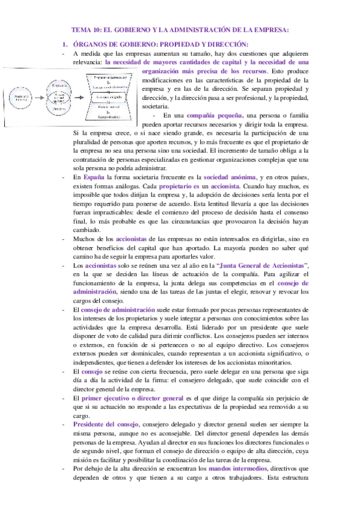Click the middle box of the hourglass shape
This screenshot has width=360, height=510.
(108, 96)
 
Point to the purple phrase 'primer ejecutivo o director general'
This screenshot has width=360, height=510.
(129, 382)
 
